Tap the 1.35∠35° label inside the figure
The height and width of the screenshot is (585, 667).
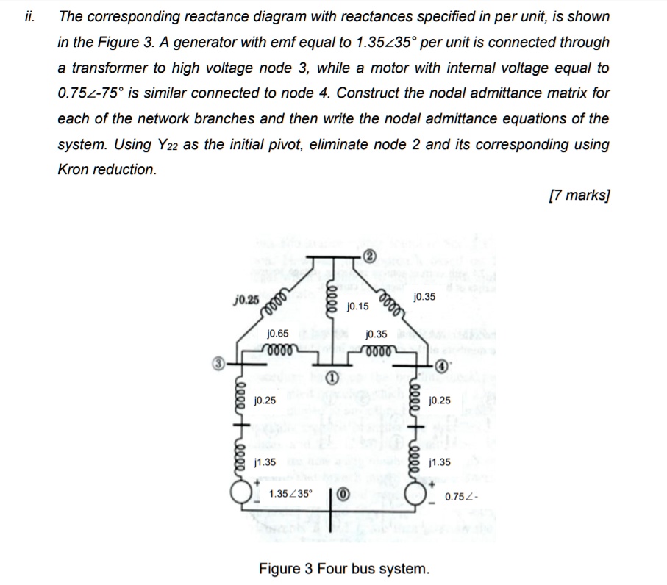290,494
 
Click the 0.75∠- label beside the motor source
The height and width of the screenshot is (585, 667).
462,498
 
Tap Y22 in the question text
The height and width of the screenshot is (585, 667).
150,144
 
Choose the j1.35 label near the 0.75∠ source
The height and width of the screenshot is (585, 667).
440,463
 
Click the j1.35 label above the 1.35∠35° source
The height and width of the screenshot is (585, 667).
264,462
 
